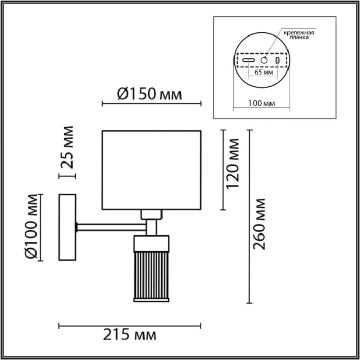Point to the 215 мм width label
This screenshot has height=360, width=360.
pyautogui.click(x=130, y=336)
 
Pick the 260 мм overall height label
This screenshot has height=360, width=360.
pyautogui.click(x=261, y=223)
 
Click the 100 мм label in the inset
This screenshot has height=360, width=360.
pyautogui.click(x=261, y=103)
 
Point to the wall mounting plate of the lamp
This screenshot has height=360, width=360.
pyautogui.click(x=67, y=227)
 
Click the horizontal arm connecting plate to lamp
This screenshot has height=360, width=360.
pyautogui.click(x=111, y=225)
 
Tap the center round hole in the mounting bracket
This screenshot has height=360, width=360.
pyautogui.click(x=264, y=60)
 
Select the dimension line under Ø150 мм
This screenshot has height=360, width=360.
pyautogui.click(x=151, y=104)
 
